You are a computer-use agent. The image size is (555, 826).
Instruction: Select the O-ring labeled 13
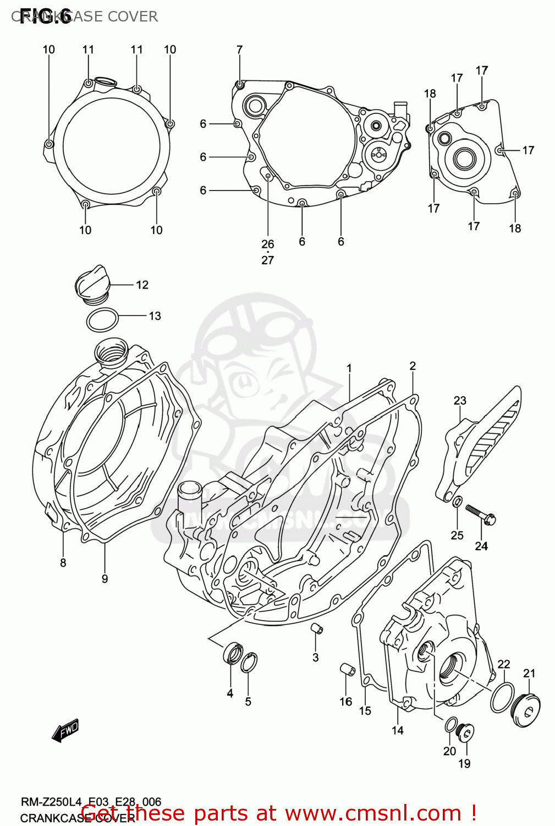[102, 319]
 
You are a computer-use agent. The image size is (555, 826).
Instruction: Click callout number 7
[239, 50]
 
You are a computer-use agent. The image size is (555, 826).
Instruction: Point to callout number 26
[267, 244]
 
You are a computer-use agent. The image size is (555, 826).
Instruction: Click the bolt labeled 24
[481, 514]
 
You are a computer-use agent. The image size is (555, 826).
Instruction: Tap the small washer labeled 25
[457, 502]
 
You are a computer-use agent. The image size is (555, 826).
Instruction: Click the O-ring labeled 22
[502, 697]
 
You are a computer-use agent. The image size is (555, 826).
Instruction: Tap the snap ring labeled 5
[249, 662]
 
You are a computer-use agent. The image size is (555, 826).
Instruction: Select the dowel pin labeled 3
[316, 629]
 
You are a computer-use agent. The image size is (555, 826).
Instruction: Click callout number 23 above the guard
[460, 400]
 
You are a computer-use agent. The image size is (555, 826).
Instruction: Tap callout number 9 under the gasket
[105, 579]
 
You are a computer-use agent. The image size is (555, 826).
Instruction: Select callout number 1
[349, 368]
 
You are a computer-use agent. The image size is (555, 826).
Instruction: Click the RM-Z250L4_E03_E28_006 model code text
[91, 802]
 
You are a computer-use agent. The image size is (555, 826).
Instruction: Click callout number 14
[398, 730]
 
